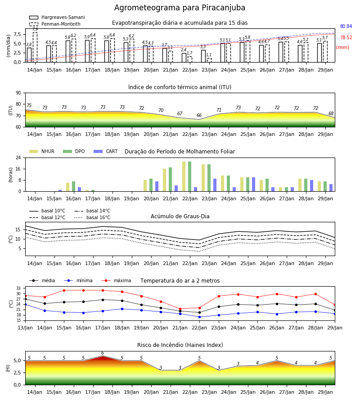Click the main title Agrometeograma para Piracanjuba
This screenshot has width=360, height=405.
tap(180, 8)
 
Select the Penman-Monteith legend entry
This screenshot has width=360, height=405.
tap(55, 24)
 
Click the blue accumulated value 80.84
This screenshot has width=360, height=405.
tap(346, 26)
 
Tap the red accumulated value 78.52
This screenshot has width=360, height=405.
tap(346, 37)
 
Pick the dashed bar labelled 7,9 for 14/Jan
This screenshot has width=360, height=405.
tap(35, 47)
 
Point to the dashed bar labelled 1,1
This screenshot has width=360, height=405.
tap(209, 60)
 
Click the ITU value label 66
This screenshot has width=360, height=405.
tap(199, 115)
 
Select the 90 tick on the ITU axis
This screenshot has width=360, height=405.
tap(18, 93)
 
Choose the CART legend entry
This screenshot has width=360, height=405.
tap(106, 151)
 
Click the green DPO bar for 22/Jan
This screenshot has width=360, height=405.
tap(189, 176)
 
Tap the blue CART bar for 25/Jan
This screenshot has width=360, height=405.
tap(254, 184)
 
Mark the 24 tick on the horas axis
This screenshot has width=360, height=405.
tap(18, 157)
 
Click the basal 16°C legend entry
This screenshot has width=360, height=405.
tap(92, 217)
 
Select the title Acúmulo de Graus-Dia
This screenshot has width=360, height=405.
tap(180, 216)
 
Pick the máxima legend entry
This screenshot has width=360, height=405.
tap(116, 280)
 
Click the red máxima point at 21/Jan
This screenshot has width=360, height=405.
tap(180, 309)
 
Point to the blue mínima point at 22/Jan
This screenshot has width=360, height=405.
tap(199, 317)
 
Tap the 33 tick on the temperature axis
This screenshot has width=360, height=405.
tap(18, 288)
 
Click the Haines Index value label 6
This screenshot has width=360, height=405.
tap(103, 353)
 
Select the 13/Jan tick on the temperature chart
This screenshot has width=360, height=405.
tap(25, 328)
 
